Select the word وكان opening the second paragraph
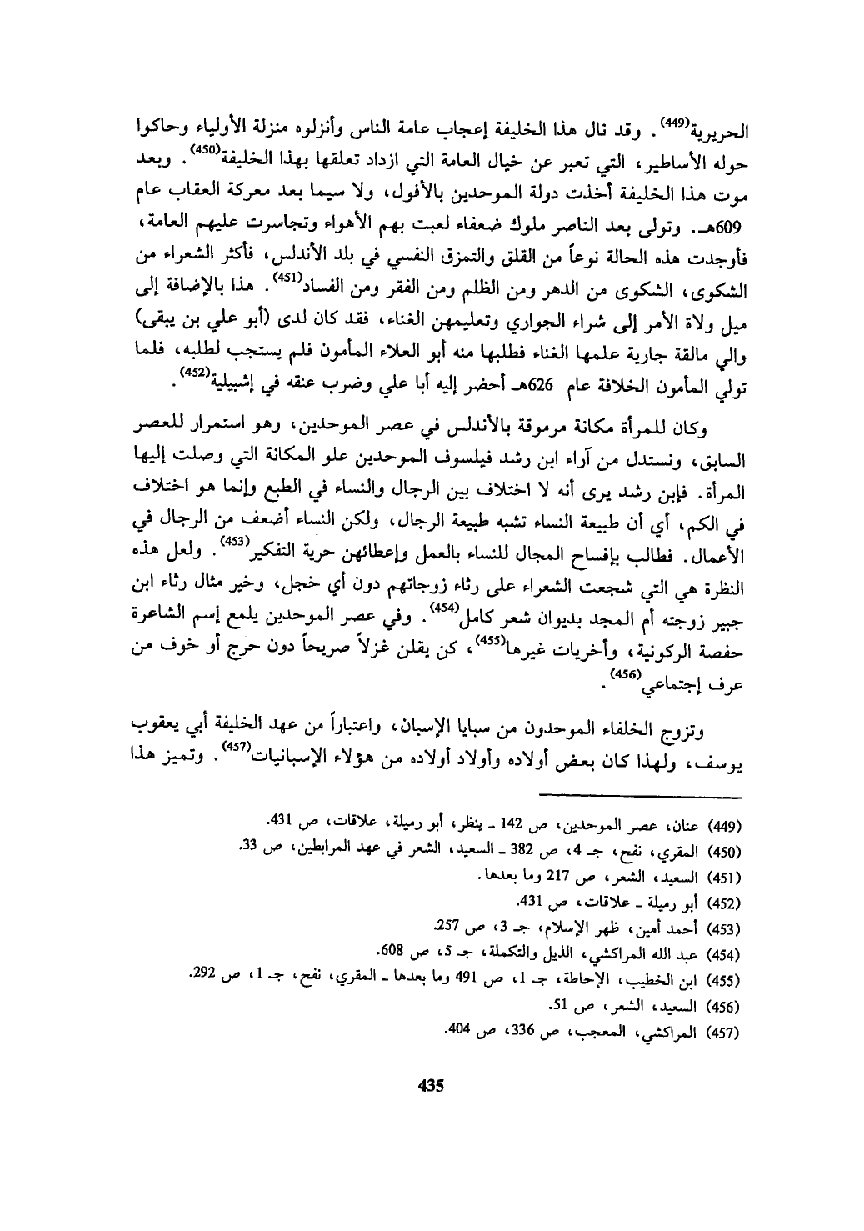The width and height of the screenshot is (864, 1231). (x=704, y=430)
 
